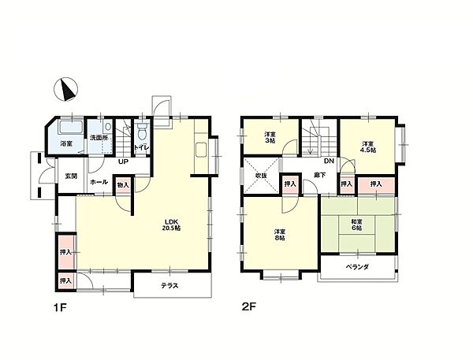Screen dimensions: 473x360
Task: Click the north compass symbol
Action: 65,89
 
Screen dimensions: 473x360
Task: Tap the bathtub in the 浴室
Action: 71,127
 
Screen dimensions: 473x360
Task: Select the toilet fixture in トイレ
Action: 142,131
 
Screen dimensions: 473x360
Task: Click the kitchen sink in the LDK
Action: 201,150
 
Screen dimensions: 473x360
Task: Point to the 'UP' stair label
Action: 124,161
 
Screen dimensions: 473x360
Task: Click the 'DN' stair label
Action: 329,161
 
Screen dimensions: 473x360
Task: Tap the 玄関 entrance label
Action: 72,176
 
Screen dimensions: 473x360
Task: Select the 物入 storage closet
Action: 123,185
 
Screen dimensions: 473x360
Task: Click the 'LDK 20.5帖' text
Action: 170,225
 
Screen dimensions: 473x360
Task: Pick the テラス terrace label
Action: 169,285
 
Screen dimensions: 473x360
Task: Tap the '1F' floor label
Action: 60,307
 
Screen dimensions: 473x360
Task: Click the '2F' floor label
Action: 249,306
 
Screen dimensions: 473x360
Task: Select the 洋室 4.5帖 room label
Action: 369,147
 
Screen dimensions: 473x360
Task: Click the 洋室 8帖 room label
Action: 280,235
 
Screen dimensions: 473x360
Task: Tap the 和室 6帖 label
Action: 357,225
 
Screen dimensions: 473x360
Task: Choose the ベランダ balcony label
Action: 357,267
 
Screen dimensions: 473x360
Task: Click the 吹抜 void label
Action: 261,176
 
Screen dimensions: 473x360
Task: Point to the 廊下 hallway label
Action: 319,175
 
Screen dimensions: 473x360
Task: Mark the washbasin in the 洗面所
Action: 108,127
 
